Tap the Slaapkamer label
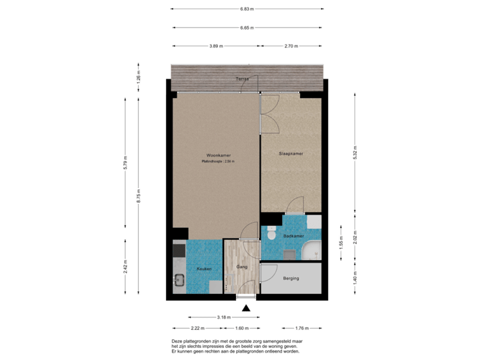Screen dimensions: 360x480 click(x=291, y=153)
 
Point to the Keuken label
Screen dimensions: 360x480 click(x=204, y=269)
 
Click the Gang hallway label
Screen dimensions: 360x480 click(x=242, y=267)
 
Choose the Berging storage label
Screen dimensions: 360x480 click(x=291, y=278)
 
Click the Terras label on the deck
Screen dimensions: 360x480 click(x=243, y=79)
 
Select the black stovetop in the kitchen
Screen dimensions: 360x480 click(x=179, y=251)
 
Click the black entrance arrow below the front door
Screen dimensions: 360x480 click(x=247, y=307)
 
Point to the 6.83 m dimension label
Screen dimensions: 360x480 click(x=247, y=9)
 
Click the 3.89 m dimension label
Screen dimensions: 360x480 click(x=216, y=47)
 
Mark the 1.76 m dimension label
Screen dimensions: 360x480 click(x=302, y=328)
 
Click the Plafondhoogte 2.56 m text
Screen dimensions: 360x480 click(x=218, y=161)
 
